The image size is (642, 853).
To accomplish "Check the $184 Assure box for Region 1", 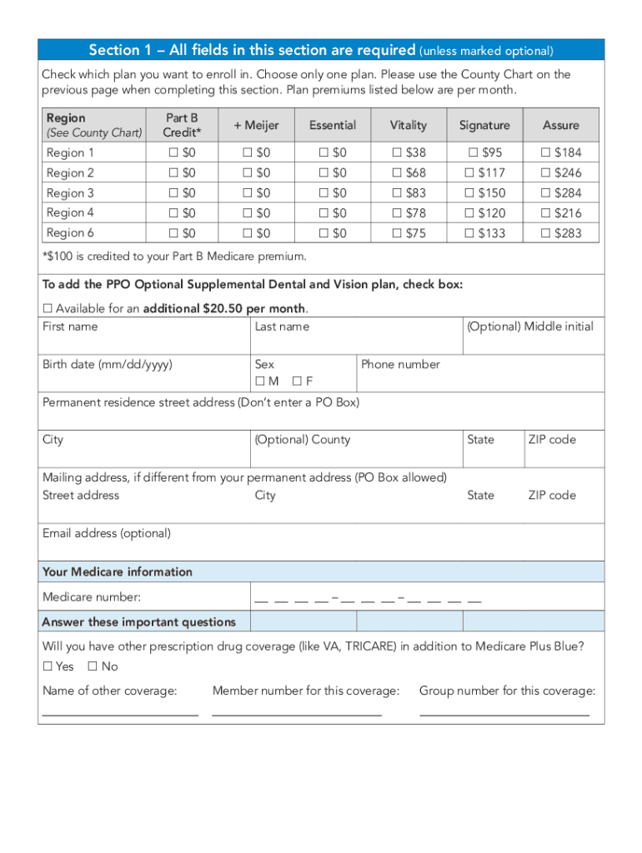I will pyautogui.click(x=546, y=152).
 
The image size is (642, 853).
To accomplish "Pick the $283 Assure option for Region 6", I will pyautogui.click(x=546, y=233).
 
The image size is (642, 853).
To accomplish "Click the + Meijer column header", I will pyautogui.click(x=256, y=125).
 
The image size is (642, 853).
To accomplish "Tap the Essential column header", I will pyautogui.click(x=332, y=125).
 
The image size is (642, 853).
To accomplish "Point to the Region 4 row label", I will pyautogui.click(x=70, y=213).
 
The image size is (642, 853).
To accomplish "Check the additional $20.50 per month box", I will pyautogui.click(x=48, y=309).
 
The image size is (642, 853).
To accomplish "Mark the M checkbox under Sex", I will pyautogui.click(x=260, y=382).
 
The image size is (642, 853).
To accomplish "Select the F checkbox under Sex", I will pyautogui.click(x=297, y=382).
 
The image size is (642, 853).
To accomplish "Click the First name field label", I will pyautogui.click(x=70, y=327).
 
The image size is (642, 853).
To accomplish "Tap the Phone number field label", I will pyautogui.click(x=400, y=364).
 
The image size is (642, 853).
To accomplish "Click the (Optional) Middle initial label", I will pyautogui.click(x=530, y=327).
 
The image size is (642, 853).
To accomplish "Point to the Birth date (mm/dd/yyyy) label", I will pyautogui.click(x=108, y=364).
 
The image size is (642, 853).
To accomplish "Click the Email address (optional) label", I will pyautogui.click(x=107, y=533).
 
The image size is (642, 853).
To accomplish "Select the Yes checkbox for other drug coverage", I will pyautogui.click(x=48, y=666).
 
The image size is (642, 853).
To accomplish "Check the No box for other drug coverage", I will pyautogui.click(x=93, y=666).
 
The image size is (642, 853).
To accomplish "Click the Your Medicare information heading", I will pyautogui.click(x=118, y=571).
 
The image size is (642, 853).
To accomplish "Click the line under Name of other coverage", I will pyautogui.click(x=120, y=714).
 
